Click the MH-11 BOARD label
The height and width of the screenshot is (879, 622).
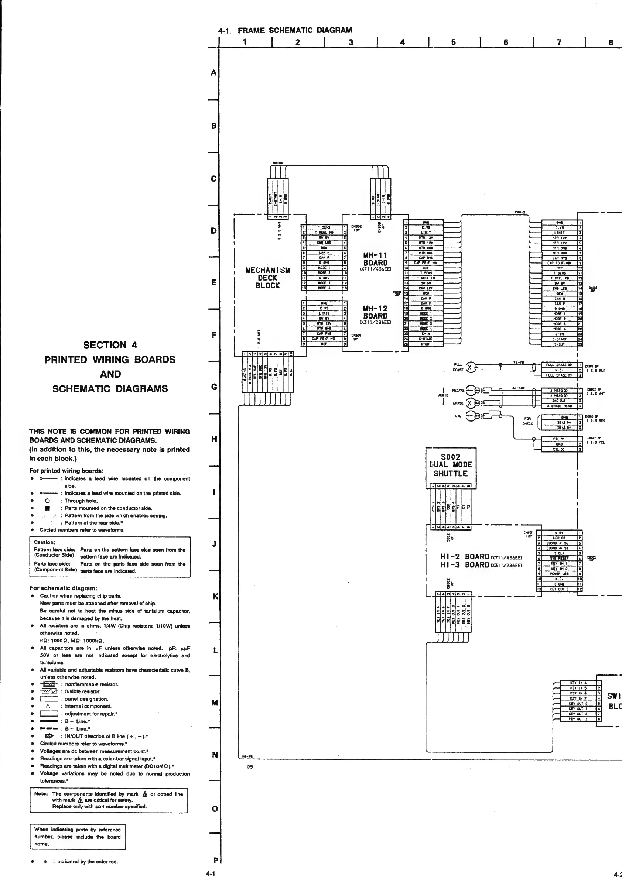point(375,259)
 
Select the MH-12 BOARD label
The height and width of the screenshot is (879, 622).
point(375,312)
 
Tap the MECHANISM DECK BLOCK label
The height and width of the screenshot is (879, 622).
point(268,278)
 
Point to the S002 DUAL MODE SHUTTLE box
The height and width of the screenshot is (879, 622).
point(451,465)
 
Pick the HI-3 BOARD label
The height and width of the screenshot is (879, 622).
point(465,565)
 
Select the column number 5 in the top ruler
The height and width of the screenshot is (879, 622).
point(454,42)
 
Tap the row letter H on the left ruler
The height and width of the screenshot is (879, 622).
point(215,439)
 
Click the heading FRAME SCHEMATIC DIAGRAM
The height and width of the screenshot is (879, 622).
point(295,30)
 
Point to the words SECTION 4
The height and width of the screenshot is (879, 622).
point(110,345)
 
